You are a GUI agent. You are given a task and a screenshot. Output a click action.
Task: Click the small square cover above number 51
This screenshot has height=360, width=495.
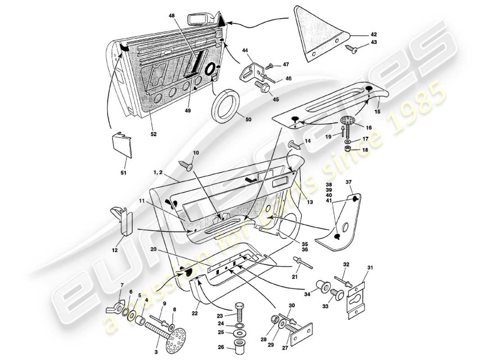122,144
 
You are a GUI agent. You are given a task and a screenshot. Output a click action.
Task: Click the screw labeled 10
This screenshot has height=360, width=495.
187,165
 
